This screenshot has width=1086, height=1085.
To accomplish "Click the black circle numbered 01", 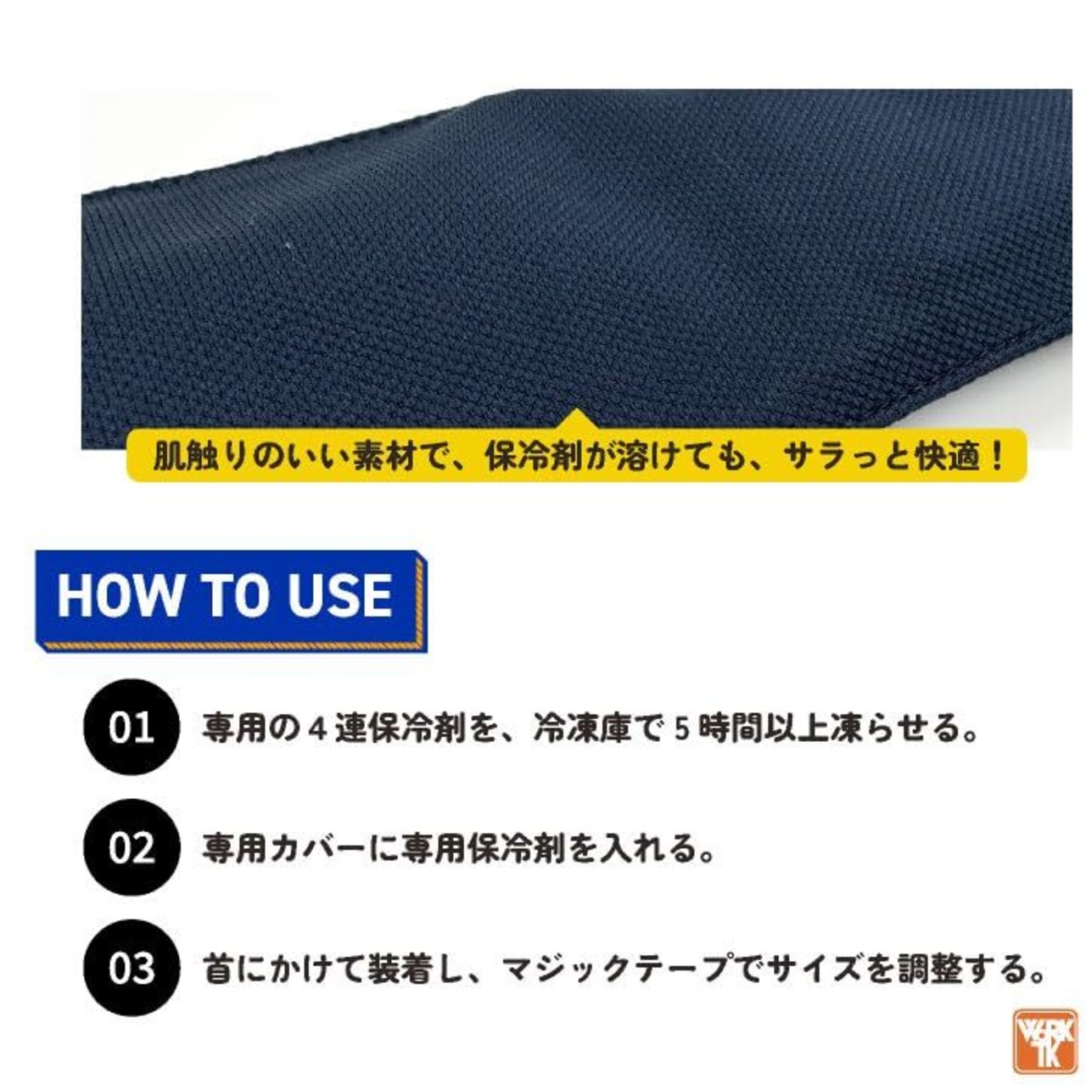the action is coord(132,728).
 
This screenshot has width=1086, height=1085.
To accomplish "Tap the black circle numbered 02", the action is coord(132,847).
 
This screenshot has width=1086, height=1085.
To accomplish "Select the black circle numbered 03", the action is coord(132,968).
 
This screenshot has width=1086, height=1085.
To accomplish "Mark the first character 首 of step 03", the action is coord(219,969).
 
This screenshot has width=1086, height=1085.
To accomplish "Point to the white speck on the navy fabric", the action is coord(288,246).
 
